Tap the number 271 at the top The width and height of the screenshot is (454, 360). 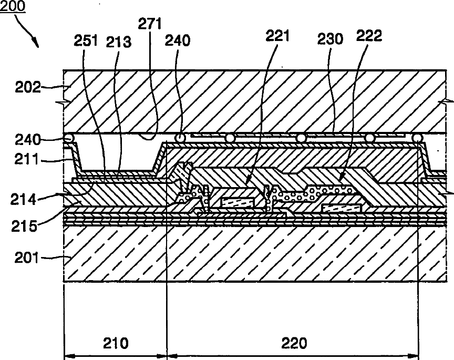tap(150, 24)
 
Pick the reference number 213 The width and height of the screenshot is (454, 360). tap(119, 42)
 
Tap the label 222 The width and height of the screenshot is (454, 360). tap(369, 37)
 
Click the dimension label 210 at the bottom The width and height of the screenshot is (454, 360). tap(116, 343)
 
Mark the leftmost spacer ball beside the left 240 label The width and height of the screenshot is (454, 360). tap(68, 138)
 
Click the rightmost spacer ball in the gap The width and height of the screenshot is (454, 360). tap(418, 138)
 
